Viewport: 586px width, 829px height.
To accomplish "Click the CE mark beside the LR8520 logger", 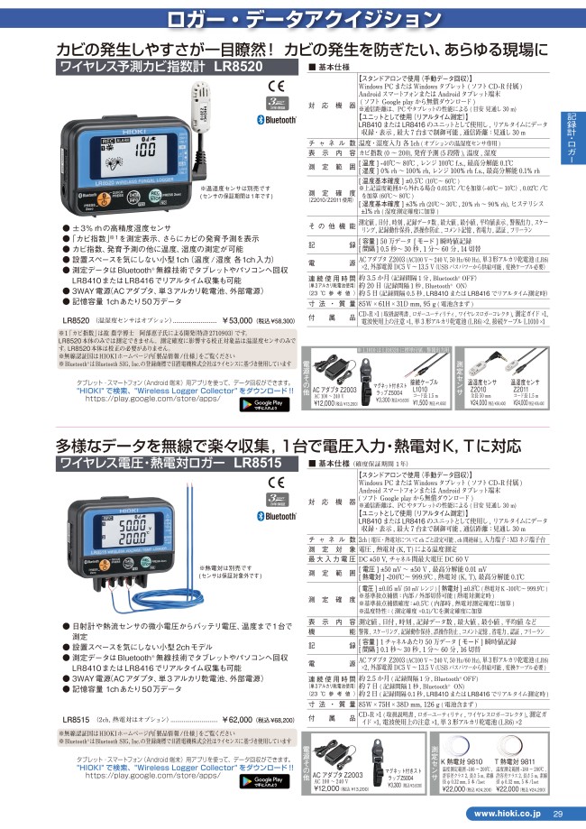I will click(x=279, y=88).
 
